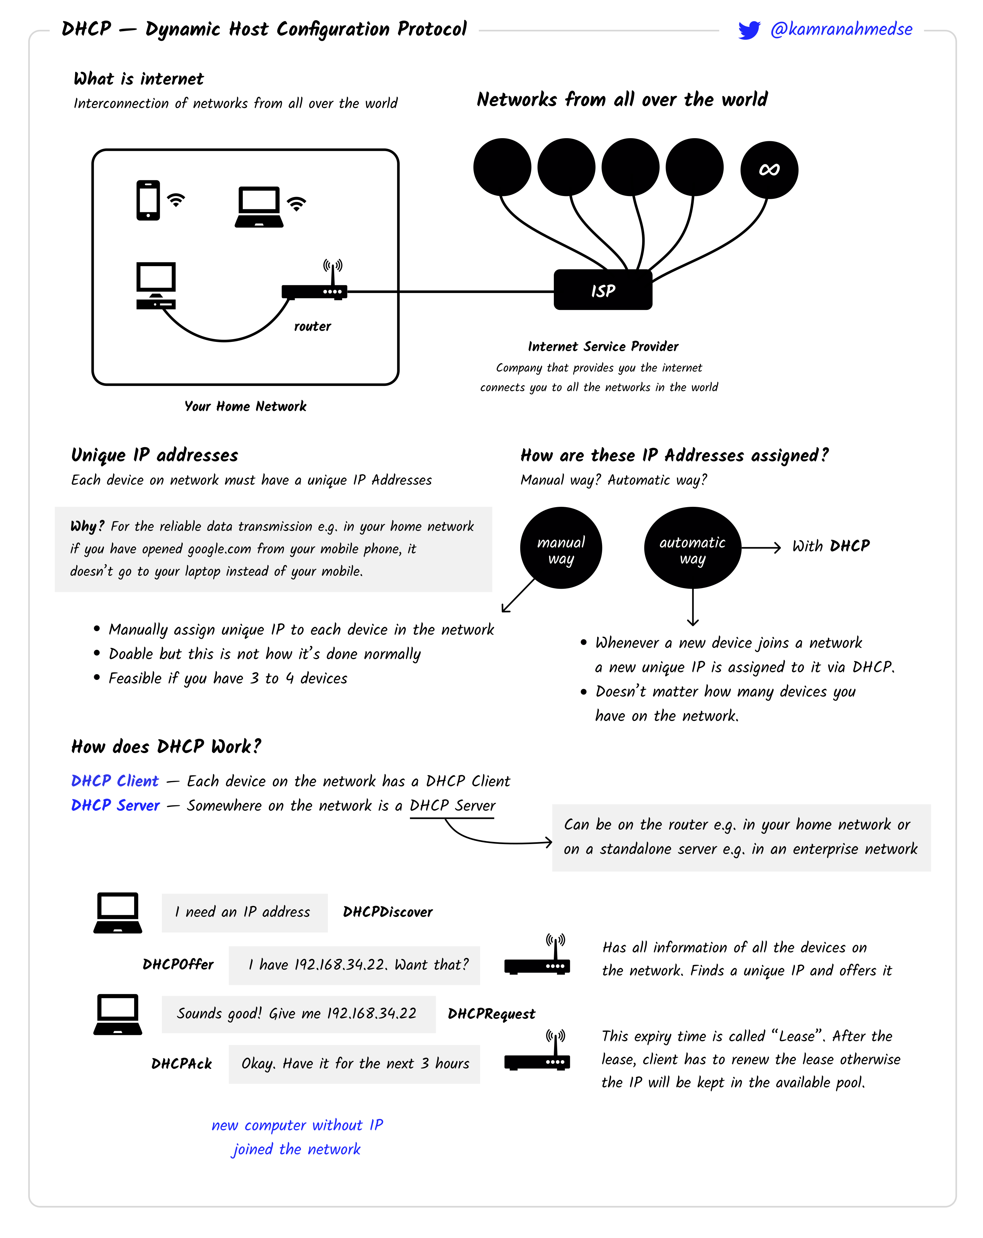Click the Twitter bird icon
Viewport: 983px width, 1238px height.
(749, 30)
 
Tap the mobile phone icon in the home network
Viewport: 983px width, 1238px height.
(148, 200)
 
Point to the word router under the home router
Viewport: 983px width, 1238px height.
(312, 326)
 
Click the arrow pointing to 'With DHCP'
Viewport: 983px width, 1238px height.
(761, 547)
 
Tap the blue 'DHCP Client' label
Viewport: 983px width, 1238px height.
(115, 781)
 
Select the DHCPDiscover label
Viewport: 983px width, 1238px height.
(388, 912)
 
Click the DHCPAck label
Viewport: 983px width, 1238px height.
(182, 1064)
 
